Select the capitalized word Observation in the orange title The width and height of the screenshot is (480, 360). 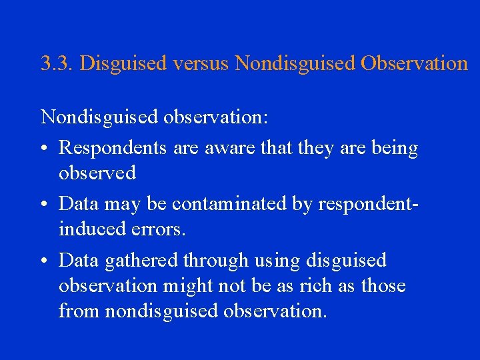(414, 63)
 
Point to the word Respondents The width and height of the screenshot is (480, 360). (113, 149)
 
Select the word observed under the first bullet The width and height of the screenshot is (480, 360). (97, 173)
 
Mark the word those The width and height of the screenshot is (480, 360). (383, 286)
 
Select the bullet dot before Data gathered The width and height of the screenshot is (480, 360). (44, 261)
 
